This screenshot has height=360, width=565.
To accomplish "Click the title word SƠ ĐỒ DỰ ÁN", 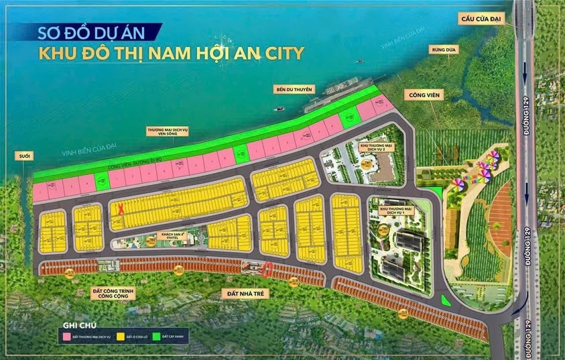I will coord(90,32).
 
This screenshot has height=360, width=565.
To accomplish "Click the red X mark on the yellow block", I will coord(121,209).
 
